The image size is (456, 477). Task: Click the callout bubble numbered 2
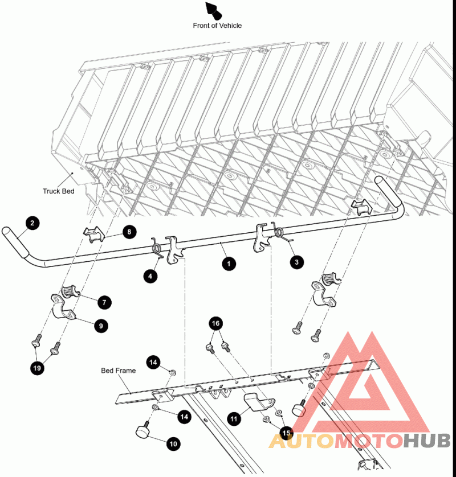coord(32,223)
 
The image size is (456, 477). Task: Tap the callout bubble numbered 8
coord(129,232)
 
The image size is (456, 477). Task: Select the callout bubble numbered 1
coord(229,264)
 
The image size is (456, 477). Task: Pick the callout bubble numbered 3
coord(297,262)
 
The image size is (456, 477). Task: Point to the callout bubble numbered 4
coord(150,276)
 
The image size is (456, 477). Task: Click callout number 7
coord(104,302)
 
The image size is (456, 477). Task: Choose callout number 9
coord(101,326)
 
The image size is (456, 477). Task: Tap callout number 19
coord(37,368)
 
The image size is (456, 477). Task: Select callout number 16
coord(215,323)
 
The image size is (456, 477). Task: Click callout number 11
coord(234,419)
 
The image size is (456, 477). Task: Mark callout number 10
coord(173,444)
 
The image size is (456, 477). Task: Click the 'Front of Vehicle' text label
coord(217,26)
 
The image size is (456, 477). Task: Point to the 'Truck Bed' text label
coord(59,191)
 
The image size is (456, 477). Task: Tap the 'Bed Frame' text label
coord(118,371)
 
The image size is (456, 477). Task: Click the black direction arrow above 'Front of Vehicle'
coord(214,10)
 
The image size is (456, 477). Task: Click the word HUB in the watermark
coord(427,441)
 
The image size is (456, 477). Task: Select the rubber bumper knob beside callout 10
coord(142,430)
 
